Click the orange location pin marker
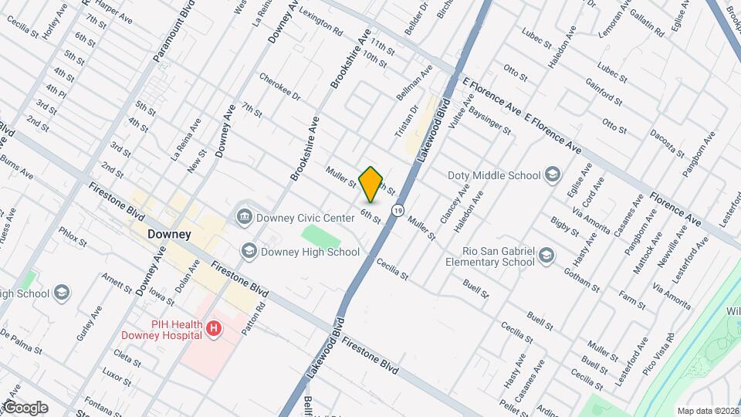[x=371, y=185]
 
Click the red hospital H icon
[x=214, y=330]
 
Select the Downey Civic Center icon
[x=245, y=217]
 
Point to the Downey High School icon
[x=249, y=251]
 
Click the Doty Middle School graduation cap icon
[x=552, y=175]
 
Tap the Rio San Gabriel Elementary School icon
[x=546, y=256]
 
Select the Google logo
[x=25, y=407]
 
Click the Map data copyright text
[x=708, y=410]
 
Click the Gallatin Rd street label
[x=647, y=26]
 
